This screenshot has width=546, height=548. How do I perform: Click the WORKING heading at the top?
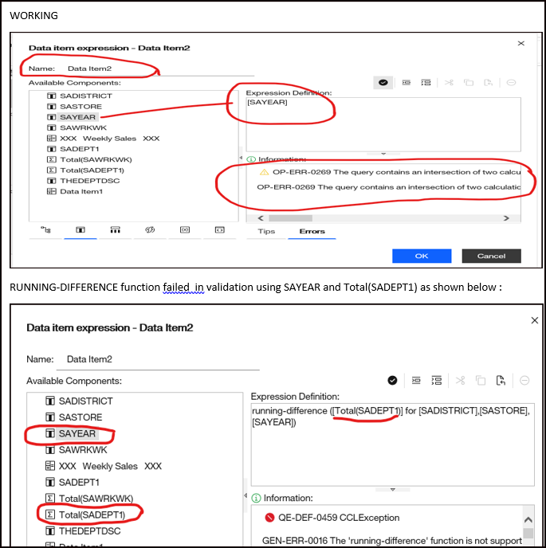point(34,16)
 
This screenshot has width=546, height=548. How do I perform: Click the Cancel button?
point(491,256)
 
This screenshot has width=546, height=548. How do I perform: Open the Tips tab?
point(266,232)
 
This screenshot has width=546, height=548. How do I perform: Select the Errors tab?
point(312,232)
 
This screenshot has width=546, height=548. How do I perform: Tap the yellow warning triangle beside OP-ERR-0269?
point(265,171)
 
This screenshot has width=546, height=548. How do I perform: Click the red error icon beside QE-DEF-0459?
point(269,517)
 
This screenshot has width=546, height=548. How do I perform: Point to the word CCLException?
point(372,517)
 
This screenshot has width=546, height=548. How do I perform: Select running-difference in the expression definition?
point(289,410)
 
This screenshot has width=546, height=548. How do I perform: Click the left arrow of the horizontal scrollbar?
point(257,217)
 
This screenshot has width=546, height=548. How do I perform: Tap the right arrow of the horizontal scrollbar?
point(506,217)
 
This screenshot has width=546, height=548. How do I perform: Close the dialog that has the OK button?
point(521,44)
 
